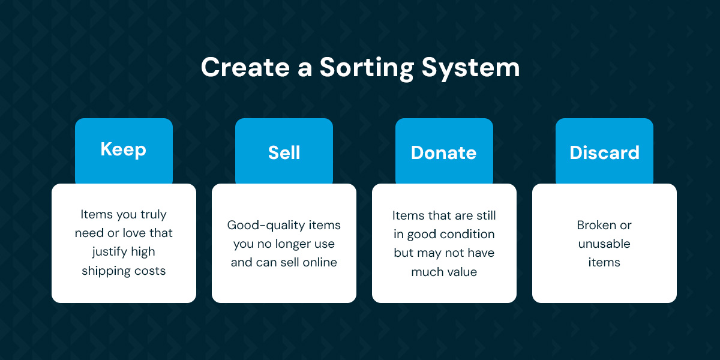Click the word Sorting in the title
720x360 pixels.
click(367, 68)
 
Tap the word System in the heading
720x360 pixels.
click(470, 68)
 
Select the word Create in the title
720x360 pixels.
click(245, 67)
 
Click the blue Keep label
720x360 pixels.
click(124, 151)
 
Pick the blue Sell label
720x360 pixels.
click(284, 151)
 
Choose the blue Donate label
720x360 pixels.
click(444, 151)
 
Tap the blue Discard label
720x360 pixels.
click(605, 151)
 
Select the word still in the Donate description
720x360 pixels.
click(487, 215)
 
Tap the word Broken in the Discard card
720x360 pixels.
click(595, 225)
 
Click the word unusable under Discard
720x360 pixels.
click(604, 244)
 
